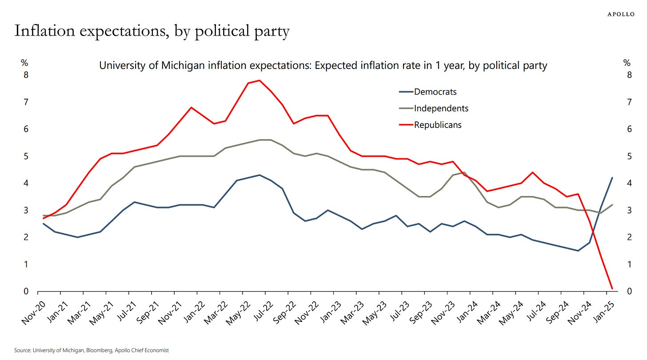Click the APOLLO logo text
click(621, 14)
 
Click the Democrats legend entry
click(435, 92)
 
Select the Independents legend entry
click(441, 108)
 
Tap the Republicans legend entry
click(438, 125)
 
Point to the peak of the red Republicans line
click(260, 80)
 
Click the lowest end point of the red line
click(612, 289)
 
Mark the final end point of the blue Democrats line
click(612, 178)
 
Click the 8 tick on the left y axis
click(26, 75)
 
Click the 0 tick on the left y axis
click(26, 292)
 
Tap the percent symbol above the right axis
click(627, 63)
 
